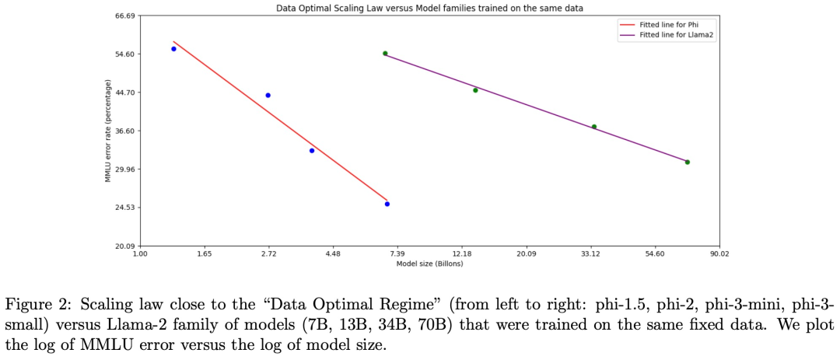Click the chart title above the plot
[429, 8]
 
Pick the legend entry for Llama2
[670, 35]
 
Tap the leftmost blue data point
[173, 49]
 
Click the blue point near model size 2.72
[268, 95]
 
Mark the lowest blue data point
[387, 204]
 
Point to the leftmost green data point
[385, 54]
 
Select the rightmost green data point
[688, 162]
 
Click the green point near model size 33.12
[594, 127]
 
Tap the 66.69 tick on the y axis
[124, 16]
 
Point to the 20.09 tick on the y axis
[124, 246]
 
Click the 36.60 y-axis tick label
[124, 131]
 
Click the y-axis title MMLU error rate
[108, 131]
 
